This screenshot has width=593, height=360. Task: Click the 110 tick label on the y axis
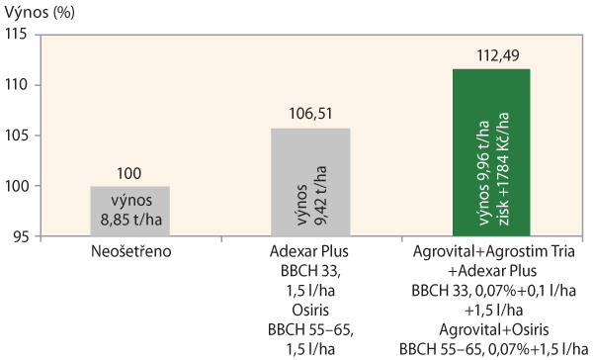19,85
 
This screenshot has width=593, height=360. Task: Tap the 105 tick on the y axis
19,135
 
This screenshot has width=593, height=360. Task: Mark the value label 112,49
490,56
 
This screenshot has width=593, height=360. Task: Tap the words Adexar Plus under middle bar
309,252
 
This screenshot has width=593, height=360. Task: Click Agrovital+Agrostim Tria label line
491,252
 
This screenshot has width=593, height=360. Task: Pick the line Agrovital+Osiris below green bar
491,330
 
